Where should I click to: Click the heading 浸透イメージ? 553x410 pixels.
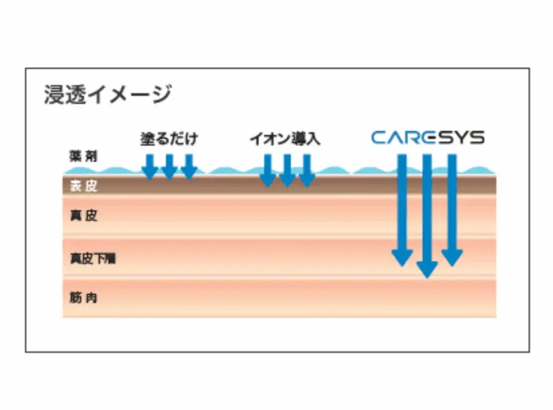pyautogui.click(x=107, y=95)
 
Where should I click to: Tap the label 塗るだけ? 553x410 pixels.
pyautogui.click(x=169, y=139)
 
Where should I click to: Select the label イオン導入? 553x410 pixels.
pyautogui.click(x=285, y=139)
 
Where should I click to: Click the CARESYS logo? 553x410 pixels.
pyautogui.click(x=427, y=138)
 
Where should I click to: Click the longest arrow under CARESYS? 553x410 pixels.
pyautogui.click(x=427, y=216)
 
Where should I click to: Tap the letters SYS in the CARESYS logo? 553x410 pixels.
pyautogui.click(x=461, y=138)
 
